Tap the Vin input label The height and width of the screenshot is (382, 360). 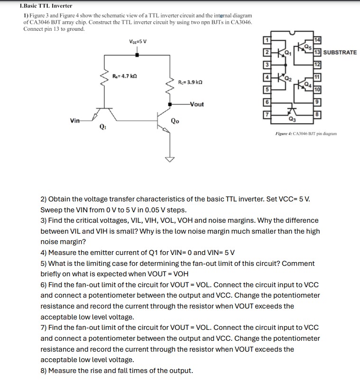(x=74, y=121)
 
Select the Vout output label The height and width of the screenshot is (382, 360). (x=196, y=104)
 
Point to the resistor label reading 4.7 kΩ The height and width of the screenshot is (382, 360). (x=125, y=76)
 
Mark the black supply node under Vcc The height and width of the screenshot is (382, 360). (x=137, y=55)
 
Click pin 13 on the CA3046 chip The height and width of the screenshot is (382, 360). (x=317, y=52)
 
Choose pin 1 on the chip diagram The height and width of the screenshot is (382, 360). (x=267, y=39)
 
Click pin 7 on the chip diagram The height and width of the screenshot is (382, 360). (x=267, y=115)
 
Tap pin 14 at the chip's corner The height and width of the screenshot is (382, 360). (x=317, y=39)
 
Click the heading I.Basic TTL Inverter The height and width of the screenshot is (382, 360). (x=46, y=6)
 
